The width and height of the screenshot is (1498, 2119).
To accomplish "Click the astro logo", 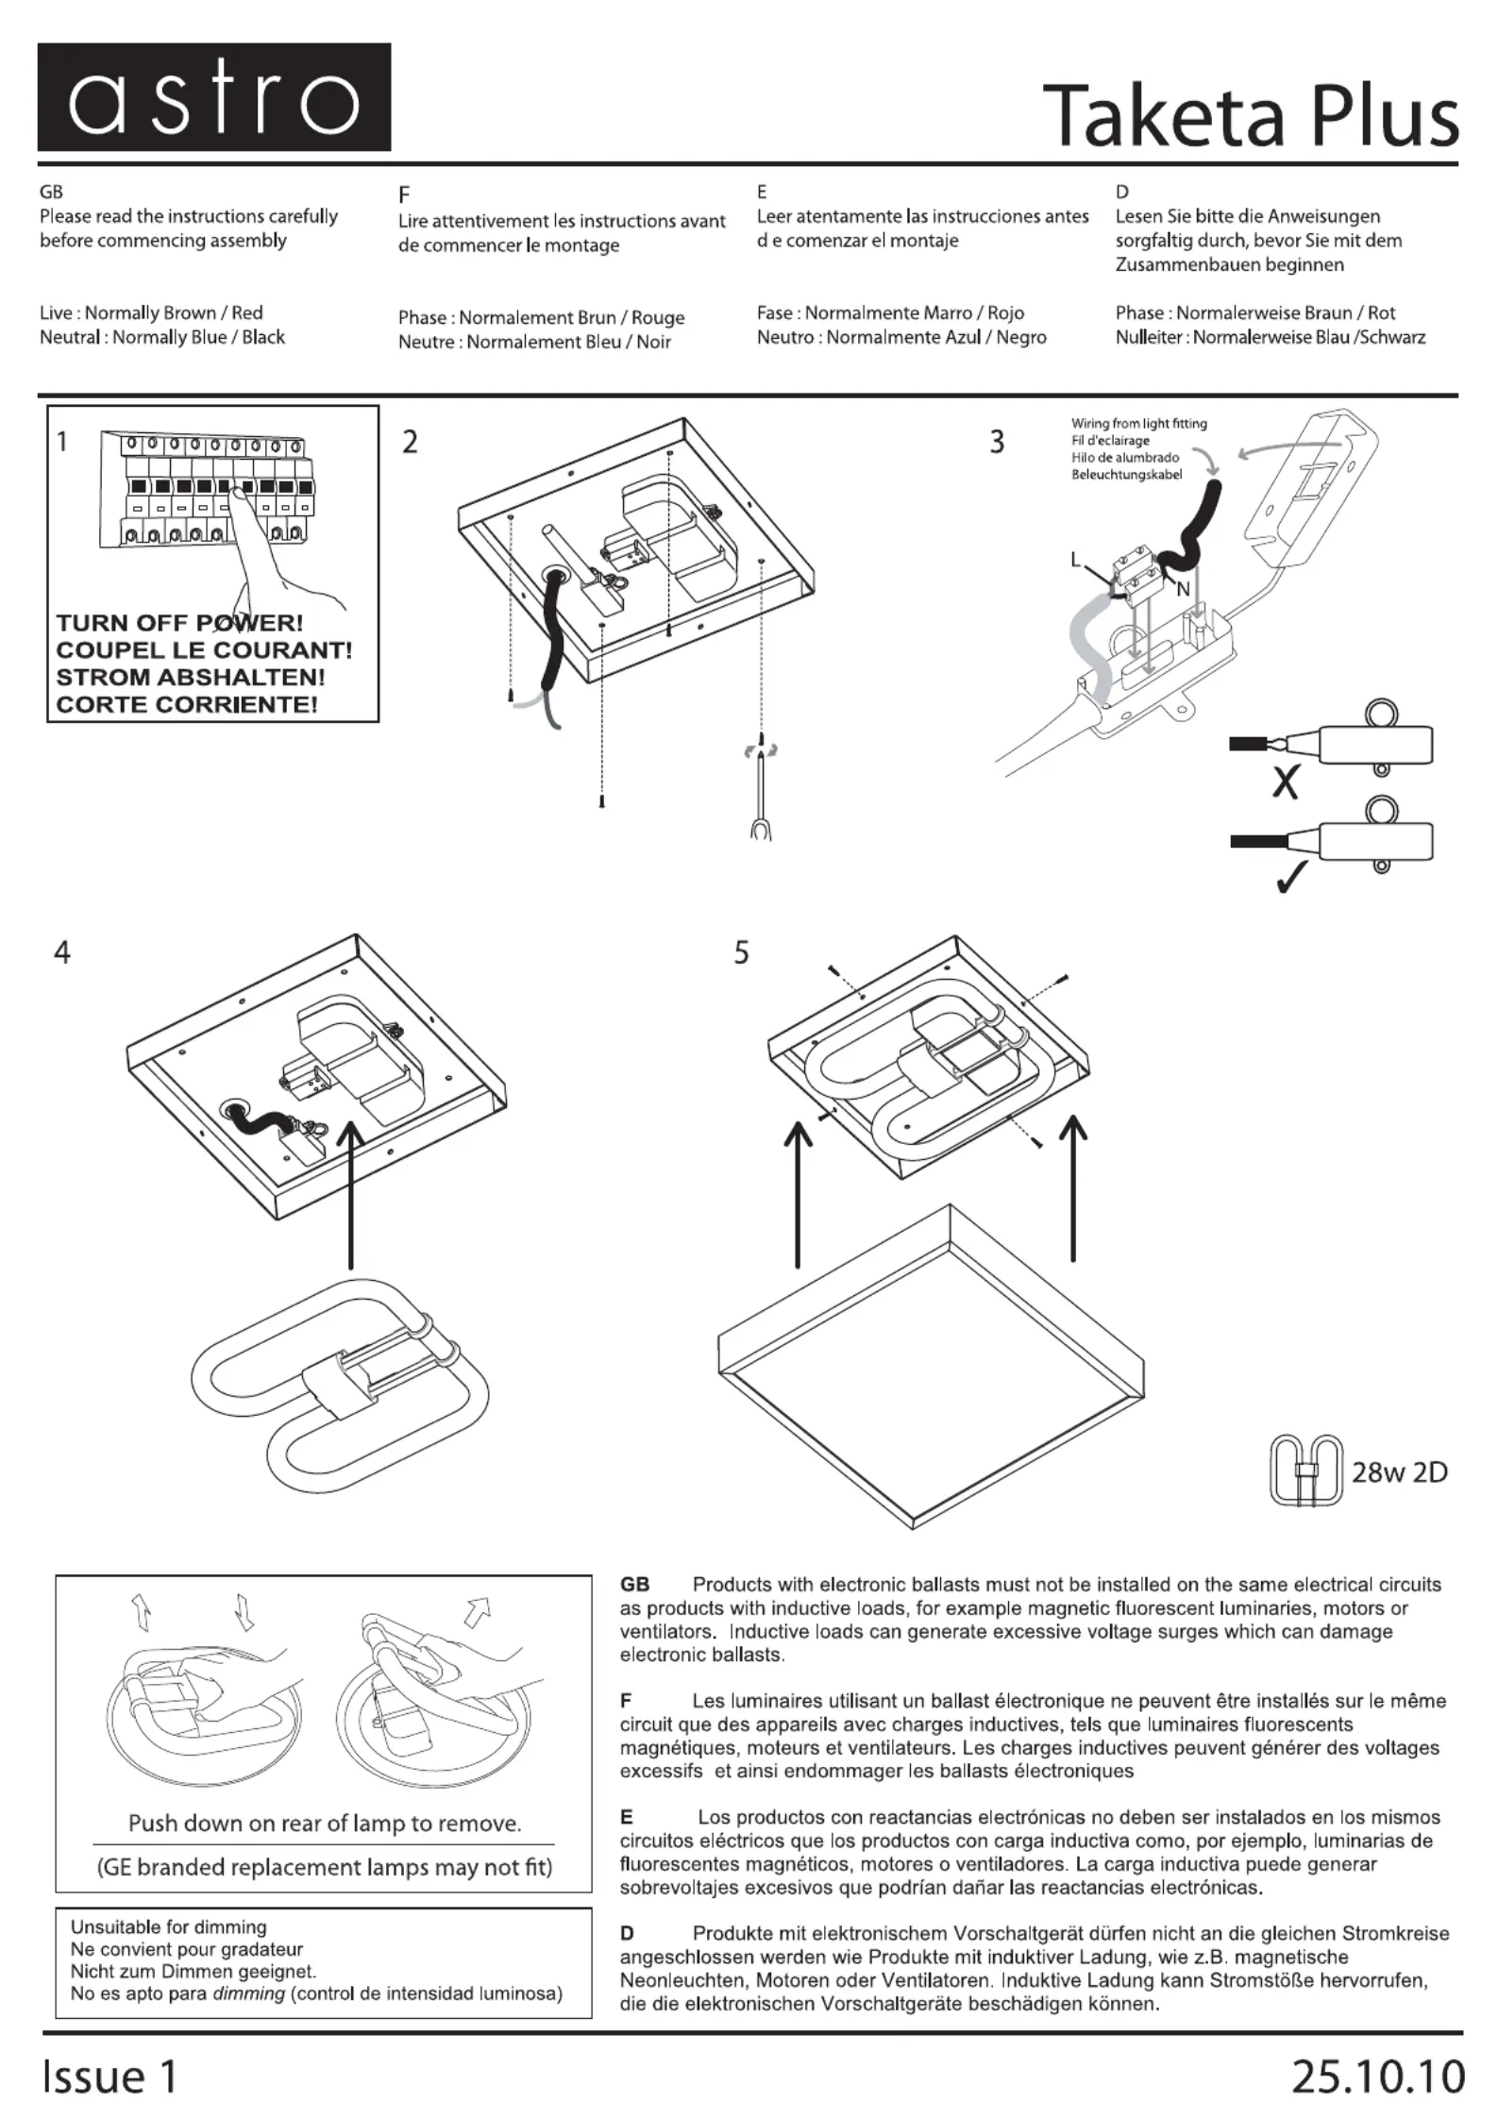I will point(213,97).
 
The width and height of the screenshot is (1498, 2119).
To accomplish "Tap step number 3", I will point(997,442).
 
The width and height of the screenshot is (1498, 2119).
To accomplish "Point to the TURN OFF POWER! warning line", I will point(179,623).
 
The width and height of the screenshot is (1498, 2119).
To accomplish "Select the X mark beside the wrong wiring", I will point(1285,782).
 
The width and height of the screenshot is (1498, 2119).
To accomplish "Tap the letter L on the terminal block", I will point(1075,560).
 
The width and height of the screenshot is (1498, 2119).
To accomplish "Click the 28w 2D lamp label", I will point(1399,1472).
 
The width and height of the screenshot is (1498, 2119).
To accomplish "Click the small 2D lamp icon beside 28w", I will point(1306,1471).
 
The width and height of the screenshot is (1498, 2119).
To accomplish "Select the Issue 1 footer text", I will point(109,2077).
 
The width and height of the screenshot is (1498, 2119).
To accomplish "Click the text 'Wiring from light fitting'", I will point(1138,424).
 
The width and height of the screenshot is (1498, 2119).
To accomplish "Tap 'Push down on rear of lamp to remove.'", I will point(325,1823).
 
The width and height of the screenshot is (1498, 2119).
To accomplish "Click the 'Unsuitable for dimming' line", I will point(169,1926).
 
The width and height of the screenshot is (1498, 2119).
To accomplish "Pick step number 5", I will point(742,953).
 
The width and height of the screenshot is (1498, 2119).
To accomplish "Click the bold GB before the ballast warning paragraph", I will point(634,1585).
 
